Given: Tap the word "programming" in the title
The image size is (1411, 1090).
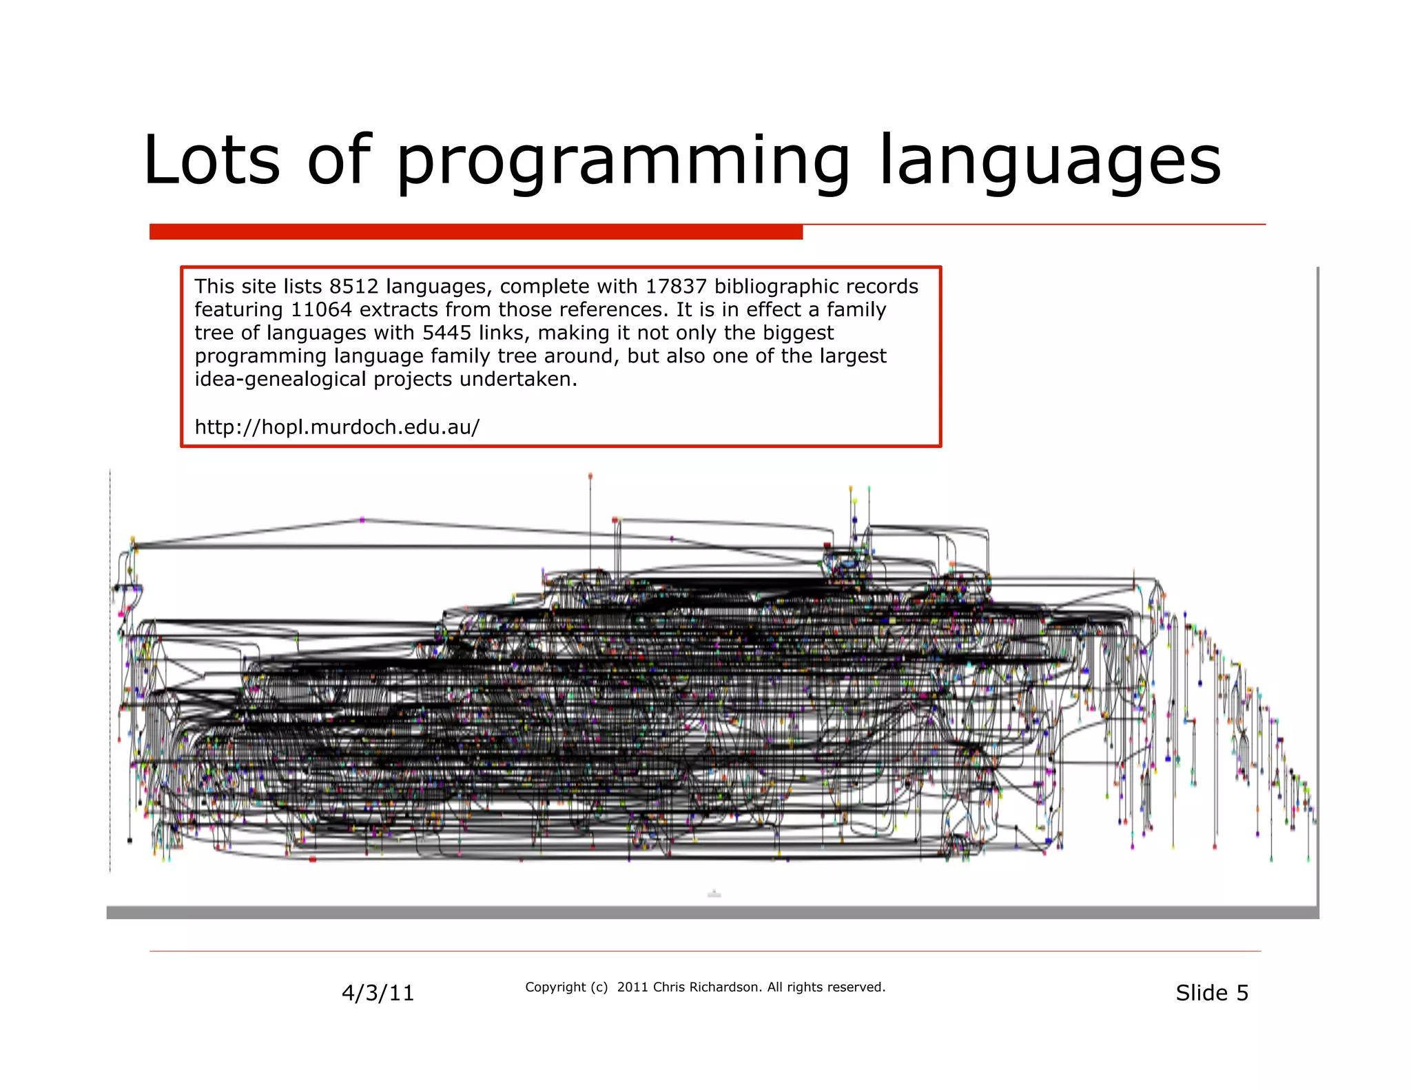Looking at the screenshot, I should [623, 162].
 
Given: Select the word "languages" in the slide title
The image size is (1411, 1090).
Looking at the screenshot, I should [1050, 162].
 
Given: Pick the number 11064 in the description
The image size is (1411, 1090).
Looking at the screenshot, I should [322, 310].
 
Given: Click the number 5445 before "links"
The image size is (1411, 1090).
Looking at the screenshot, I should [447, 333].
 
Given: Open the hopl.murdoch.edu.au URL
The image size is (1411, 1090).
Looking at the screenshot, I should [337, 427].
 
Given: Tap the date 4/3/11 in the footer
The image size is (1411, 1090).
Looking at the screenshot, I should [378, 993].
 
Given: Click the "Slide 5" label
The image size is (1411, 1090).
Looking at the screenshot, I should [1211, 993].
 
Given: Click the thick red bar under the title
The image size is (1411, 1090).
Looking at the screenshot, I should [475, 232].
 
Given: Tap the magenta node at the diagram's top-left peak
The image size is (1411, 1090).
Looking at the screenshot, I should [362, 520].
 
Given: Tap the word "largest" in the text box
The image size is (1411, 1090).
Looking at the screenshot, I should [852, 356].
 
